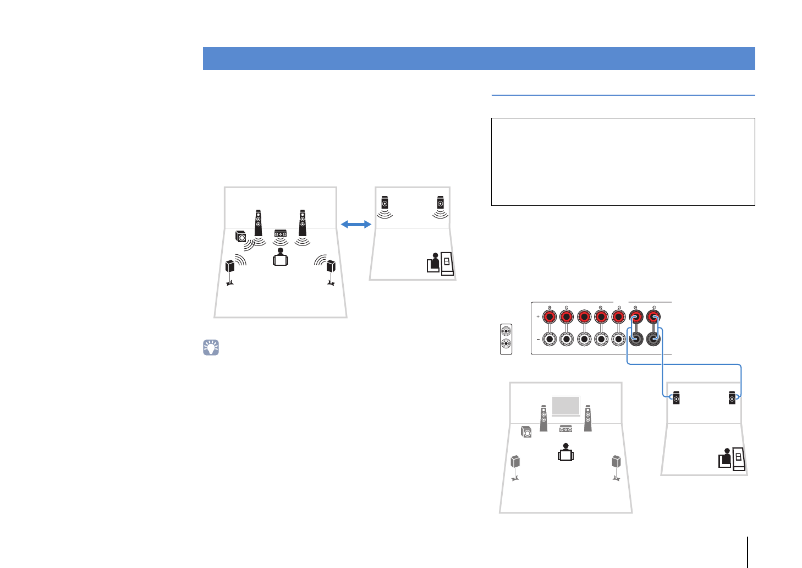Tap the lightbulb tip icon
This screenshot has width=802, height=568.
pos(211,347)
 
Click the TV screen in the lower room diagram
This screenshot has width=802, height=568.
pos(565,406)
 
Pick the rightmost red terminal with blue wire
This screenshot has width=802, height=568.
pos(653,317)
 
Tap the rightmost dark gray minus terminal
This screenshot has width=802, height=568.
pos(653,340)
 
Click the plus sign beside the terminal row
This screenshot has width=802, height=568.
pos(537,317)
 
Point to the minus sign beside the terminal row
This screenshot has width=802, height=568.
pos(537,340)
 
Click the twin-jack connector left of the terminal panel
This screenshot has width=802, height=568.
pos(506,339)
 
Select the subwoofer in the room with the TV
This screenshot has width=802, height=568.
pos(526,432)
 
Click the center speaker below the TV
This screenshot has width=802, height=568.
pos(565,429)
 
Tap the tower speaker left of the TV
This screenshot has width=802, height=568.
pos(543,418)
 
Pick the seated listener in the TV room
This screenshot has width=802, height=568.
pos(565,453)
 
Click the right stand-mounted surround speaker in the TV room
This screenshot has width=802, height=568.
pos(616,462)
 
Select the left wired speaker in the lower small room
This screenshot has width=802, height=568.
pos(676,397)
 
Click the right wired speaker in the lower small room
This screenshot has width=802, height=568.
pos(732,397)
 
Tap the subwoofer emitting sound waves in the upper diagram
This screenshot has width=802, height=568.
pos(241,237)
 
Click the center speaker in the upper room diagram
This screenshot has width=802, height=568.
pos(281,233)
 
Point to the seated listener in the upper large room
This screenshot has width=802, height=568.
pos(281,258)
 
